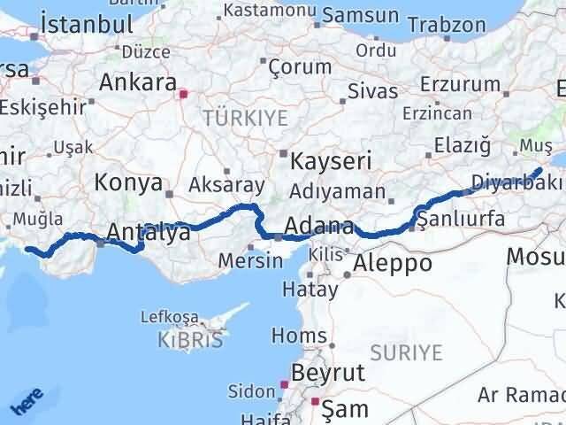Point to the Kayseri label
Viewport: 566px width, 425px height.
coord(333,162)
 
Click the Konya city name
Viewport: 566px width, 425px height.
coord(127,183)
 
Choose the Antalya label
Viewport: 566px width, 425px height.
coord(148,233)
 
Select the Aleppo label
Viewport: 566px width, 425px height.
coord(393,263)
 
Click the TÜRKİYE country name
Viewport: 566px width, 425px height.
coord(235,116)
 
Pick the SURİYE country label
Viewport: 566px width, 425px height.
coord(406,352)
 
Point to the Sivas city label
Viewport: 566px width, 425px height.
coord(367,90)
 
